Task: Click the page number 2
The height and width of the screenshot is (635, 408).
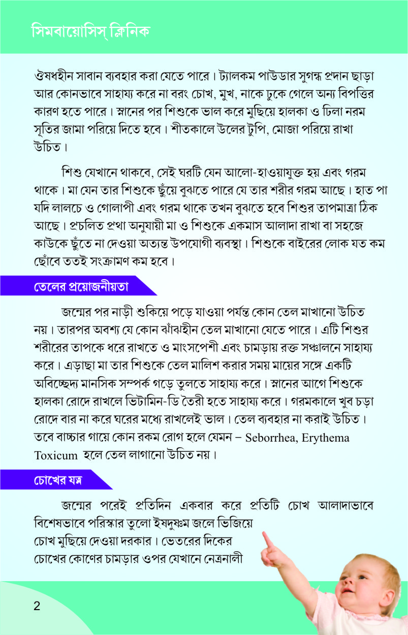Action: (36, 606)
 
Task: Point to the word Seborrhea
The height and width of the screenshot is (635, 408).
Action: (274, 438)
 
